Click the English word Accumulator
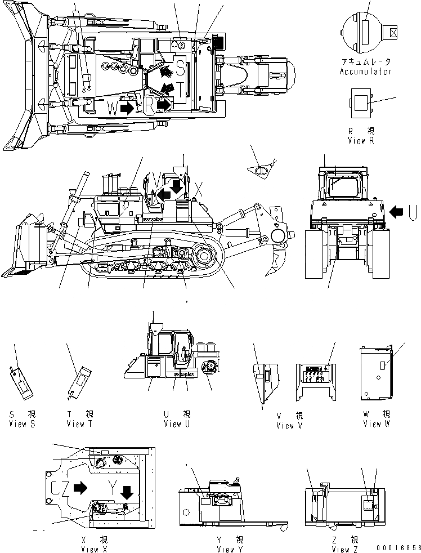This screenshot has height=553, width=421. click(x=365, y=72)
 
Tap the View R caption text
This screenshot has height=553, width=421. click(x=360, y=141)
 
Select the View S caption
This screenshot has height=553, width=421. click(x=22, y=423)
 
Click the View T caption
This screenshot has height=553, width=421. click(x=79, y=423)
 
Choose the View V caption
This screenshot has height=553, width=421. click(x=289, y=425)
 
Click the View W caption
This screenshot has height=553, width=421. click(x=372, y=423)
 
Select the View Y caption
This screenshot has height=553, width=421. click(x=230, y=549)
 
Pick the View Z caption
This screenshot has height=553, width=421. click(x=344, y=549)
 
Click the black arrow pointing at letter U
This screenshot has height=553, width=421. click(x=397, y=211)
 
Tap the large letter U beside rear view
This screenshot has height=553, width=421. click(x=413, y=211)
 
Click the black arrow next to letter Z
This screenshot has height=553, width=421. click(x=80, y=488)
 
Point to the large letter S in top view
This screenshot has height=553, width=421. click(x=180, y=68)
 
